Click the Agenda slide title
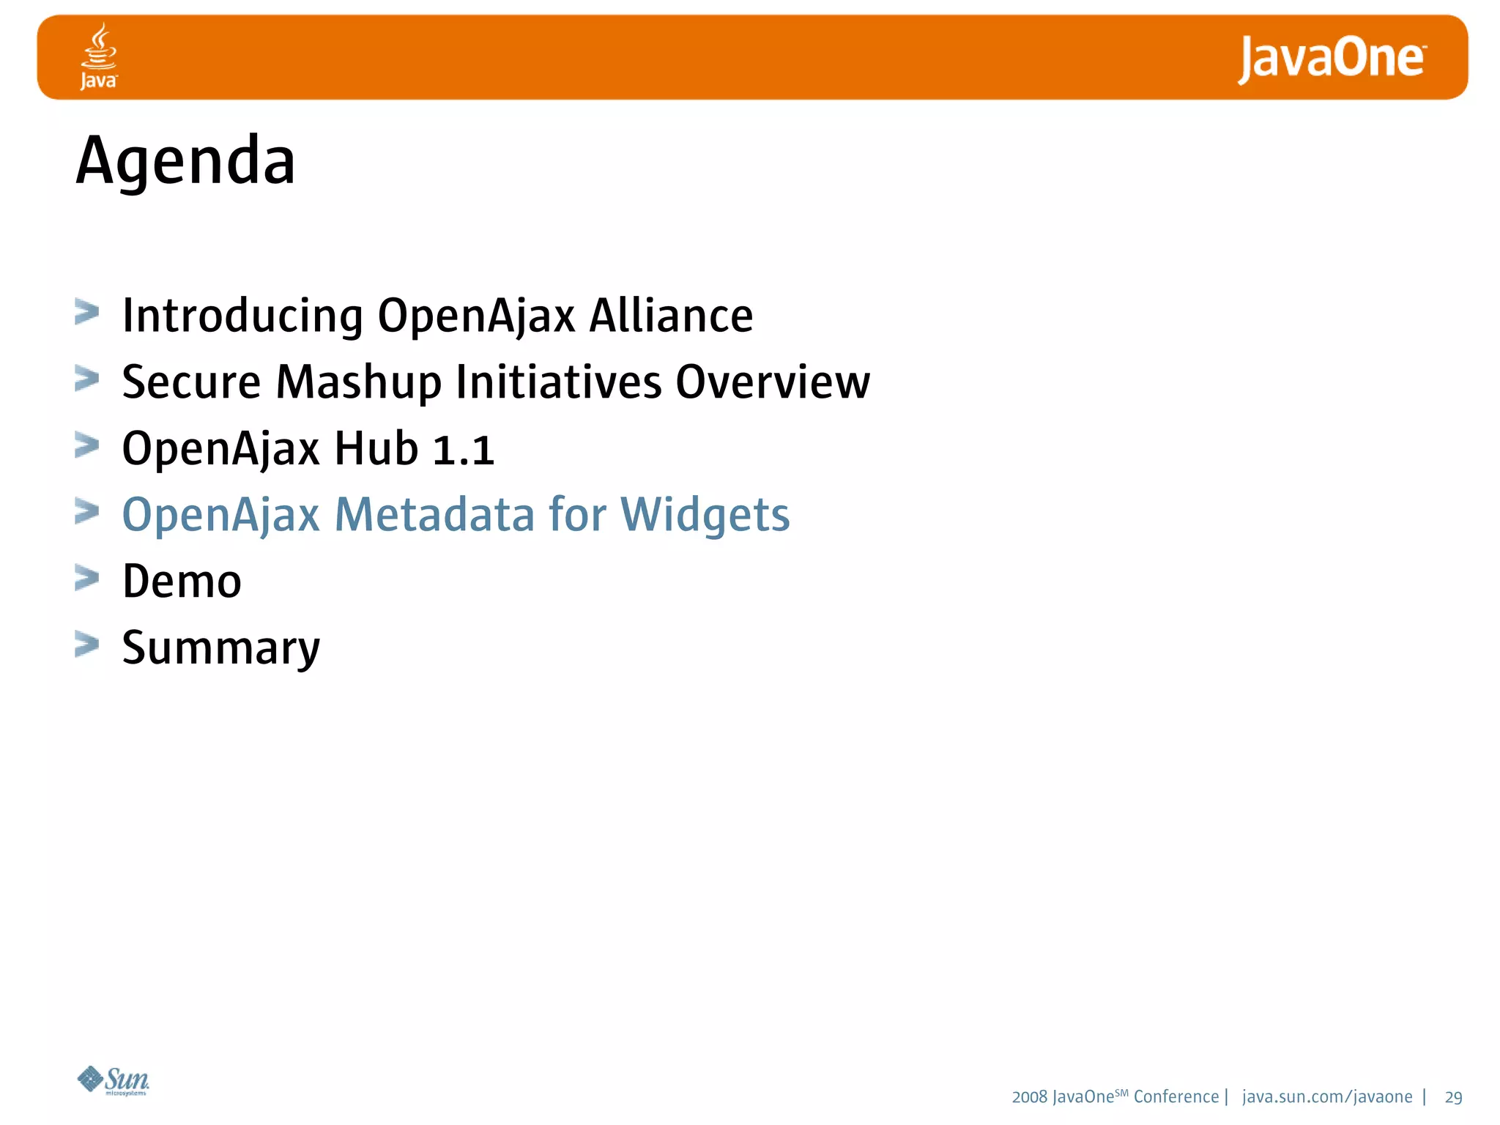click(186, 162)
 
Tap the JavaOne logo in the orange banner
click(1332, 59)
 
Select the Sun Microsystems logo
click(114, 1080)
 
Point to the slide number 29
click(1453, 1097)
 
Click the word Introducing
click(242, 316)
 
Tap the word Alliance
click(671, 316)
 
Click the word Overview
click(773, 382)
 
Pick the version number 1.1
click(464, 449)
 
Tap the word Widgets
click(705, 515)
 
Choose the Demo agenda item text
click(182, 582)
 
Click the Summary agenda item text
click(221, 649)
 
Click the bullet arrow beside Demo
click(86, 578)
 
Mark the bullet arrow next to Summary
click(86, 645)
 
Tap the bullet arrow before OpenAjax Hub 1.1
click(86, 445)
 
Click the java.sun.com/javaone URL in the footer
click(1327, 1097)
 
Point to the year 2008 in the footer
click(1029, 1097)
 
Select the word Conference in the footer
click(1176, 1097)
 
